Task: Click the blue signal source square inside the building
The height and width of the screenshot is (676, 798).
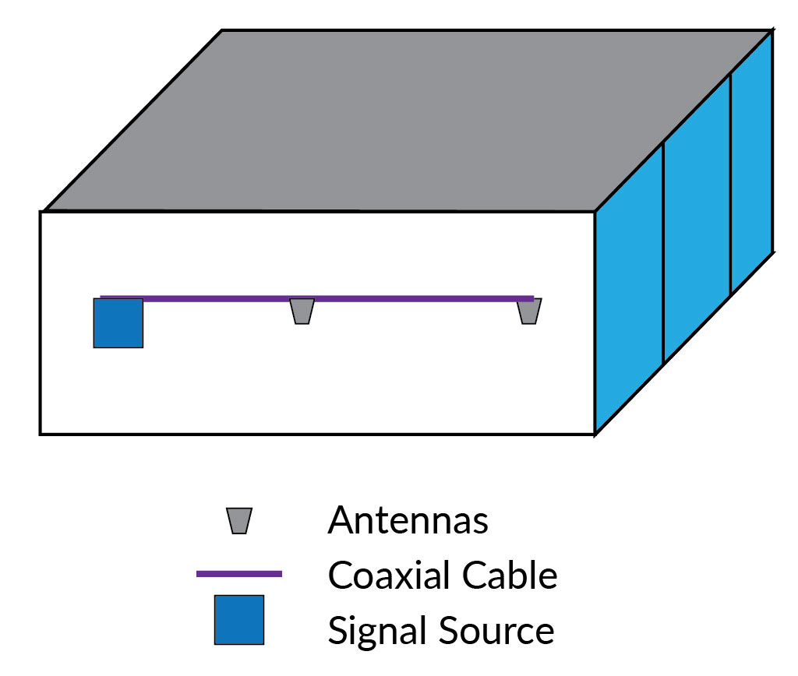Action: coord(118,322)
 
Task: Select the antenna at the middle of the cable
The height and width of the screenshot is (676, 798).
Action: coord(302,312)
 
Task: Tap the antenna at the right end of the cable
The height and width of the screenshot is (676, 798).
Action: coord(529,312)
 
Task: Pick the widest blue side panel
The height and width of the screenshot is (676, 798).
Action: coord(628,296)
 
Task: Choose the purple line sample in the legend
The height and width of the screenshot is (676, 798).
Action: coord(239,574)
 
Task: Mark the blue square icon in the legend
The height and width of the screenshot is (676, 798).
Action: coord(239,620)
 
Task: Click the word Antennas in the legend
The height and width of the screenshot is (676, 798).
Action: coord(408,521)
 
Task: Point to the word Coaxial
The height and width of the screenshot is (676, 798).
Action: coord(390,576)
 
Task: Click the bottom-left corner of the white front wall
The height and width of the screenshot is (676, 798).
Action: coord(41,433)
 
